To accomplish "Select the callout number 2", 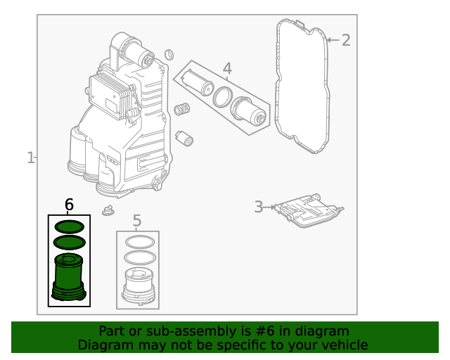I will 345,40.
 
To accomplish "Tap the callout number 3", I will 258,207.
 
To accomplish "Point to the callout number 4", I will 226,68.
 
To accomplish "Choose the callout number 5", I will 137,221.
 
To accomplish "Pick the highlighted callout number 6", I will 69,205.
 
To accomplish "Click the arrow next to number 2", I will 332,40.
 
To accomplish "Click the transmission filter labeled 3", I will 308,210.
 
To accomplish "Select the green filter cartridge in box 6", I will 69,278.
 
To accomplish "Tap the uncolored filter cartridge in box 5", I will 138,286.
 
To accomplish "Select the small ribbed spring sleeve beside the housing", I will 183,110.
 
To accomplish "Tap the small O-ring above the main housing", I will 169,55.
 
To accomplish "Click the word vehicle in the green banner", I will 342,345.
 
